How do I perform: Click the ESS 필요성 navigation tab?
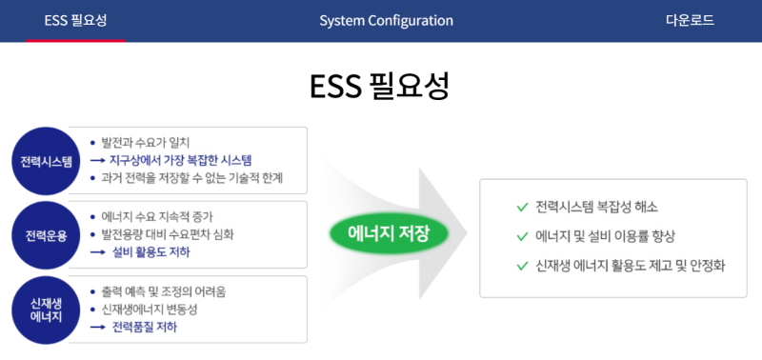click(x=75, y=20)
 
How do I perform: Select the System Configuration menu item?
click(x=386, y=20)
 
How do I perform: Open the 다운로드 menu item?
click(x=690, y=20)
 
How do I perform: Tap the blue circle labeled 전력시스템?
click(x=47, y=161)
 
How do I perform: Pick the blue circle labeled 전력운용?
click(x=47, y=235)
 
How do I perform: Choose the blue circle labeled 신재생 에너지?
click(x=47, y=310)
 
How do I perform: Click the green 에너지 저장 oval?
click(x=389, y=232)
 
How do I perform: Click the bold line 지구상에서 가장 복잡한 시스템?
click(x=186, y=160)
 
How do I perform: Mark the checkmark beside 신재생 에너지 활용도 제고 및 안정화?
click(x=521, y=265)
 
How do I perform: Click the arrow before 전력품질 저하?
click(x=97, y=327)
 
